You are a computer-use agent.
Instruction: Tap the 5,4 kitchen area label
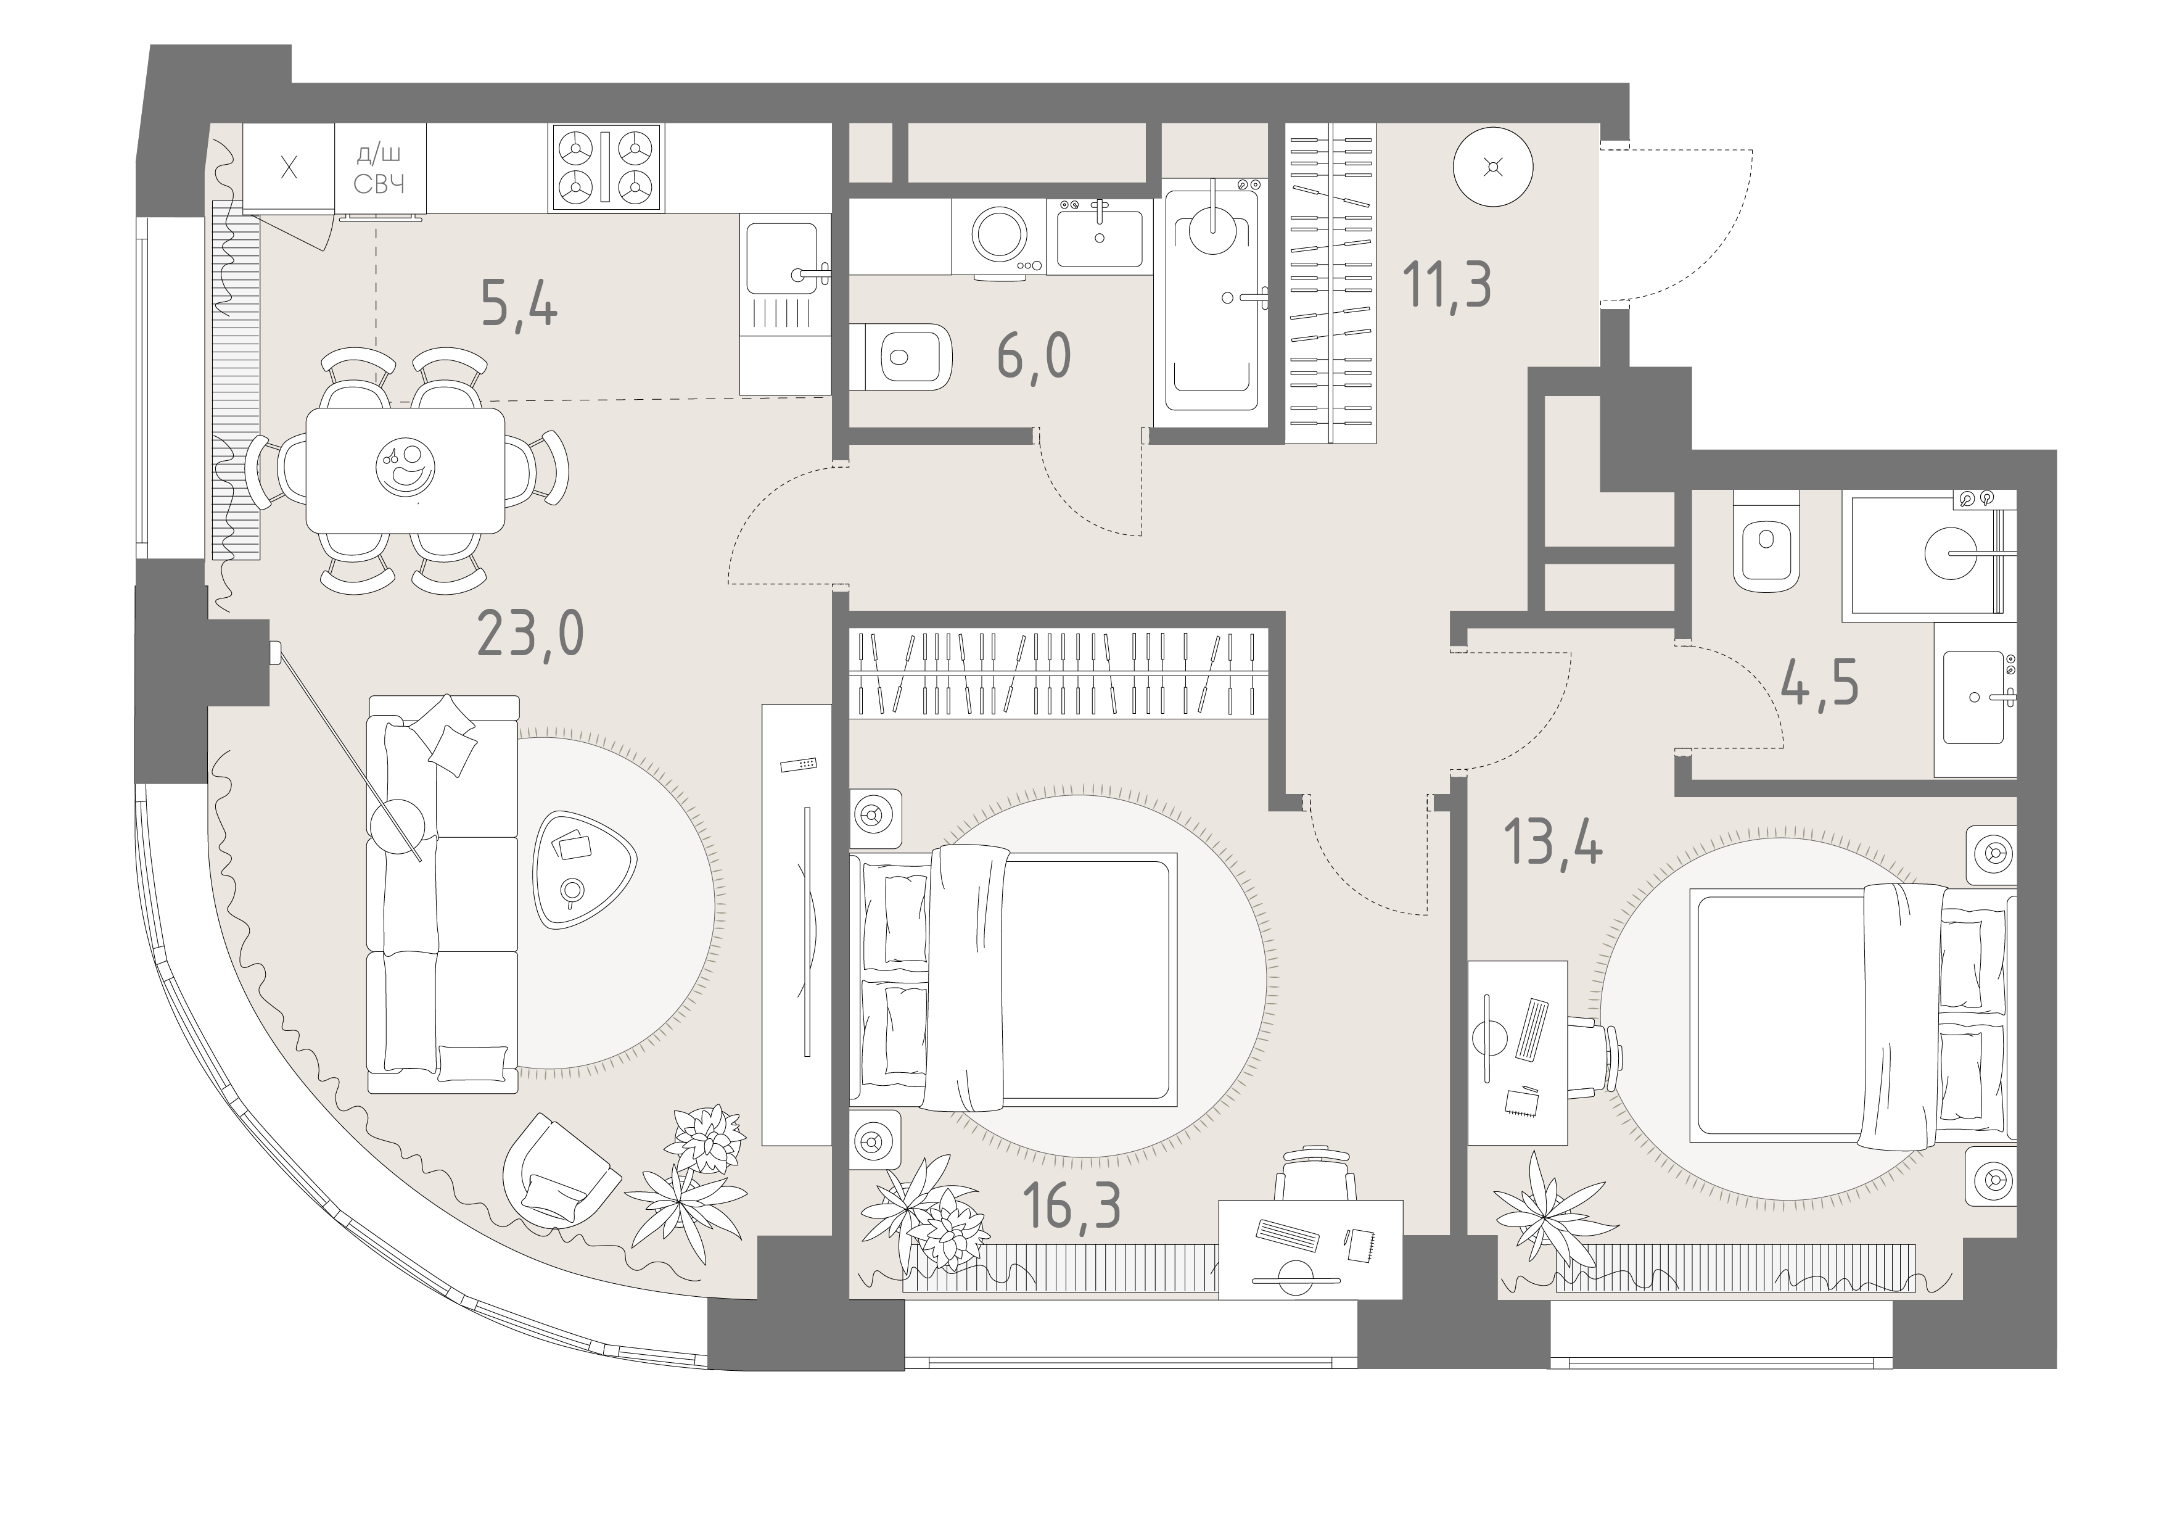(519, 305)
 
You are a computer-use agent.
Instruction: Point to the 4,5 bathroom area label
(1820, 682)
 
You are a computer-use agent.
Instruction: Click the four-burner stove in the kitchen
(607, 168)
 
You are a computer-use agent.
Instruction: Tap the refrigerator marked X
(289, 169)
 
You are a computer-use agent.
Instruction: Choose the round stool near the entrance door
(1493, 168)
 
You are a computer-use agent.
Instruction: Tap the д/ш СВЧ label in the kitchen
(380, 169)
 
